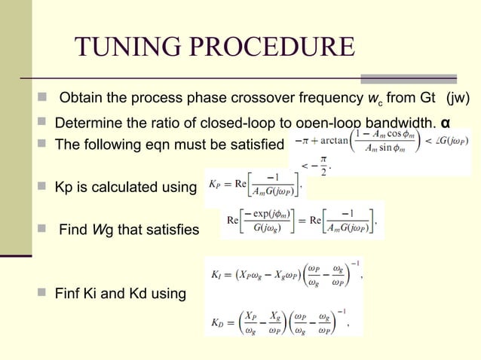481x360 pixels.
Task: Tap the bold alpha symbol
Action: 446,123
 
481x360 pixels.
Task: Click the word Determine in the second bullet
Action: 87,123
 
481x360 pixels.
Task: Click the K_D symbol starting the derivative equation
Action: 216,322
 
